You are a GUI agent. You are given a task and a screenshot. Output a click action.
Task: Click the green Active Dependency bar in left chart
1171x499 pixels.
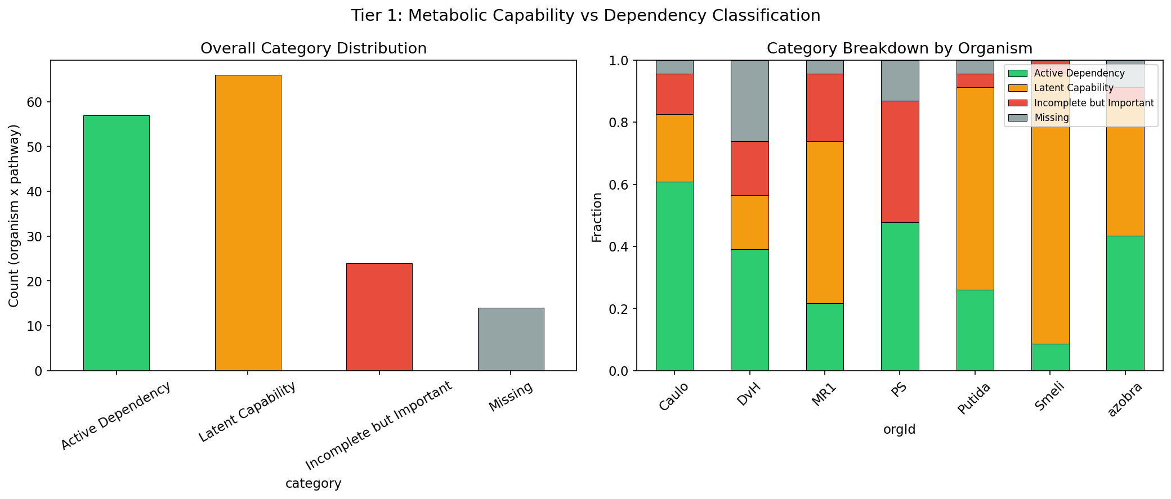pos(117,243)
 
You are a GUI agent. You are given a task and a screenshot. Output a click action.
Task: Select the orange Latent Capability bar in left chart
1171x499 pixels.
pos(248,223)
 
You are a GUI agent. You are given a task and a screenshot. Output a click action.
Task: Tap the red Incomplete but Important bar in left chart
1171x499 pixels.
pos(379,317)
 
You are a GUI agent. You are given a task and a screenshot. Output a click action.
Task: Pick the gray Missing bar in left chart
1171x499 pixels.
pos(511,339)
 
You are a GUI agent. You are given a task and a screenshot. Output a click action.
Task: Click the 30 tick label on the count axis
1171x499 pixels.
pos(34,237)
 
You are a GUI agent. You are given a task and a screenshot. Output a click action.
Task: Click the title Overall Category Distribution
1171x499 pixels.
pos(313,48)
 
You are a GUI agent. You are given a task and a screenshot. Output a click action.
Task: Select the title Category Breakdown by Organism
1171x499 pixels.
pos(899,48)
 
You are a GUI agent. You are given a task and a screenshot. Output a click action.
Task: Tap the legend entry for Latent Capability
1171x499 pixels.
pos(1073,88)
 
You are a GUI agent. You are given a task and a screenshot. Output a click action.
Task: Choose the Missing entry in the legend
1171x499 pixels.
pos(1051,118)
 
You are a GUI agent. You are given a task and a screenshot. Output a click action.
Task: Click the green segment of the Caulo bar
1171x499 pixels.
pos(674,276)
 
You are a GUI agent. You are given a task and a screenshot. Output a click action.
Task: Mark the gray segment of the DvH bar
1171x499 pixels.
pos(749,101)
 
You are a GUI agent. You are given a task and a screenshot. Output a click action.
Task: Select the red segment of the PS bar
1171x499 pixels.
pos(900,161)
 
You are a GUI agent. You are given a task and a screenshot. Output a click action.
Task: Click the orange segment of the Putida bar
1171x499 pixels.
pos(975,188)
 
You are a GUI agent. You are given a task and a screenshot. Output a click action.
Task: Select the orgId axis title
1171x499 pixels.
pos(899,430)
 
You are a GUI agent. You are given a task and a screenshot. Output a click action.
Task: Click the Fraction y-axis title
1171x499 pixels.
pos(597,217)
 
